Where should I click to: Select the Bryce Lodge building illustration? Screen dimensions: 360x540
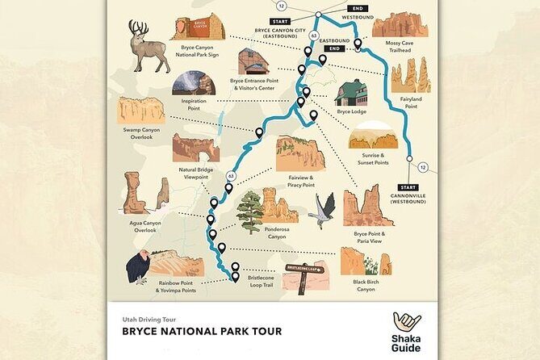pyautogui.click(x=351, y=93)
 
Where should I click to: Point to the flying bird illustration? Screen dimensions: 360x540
pyautogui.click(x=324, y=208)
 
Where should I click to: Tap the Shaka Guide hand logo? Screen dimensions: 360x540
pyautogui.click(x=407, y=323)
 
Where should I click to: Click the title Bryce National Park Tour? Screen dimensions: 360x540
pyautogui.click(x=201, y=331)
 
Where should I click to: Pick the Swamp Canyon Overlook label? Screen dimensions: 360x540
pyautogui.click(x=141, y=132)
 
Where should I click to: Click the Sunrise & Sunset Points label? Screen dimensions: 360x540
pyautogui.click(x=371, y=158)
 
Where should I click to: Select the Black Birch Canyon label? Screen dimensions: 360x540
pyautogui.click(x=366, y=285)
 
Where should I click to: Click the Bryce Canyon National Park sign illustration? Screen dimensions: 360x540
pyautogui.click(x=198, y=27)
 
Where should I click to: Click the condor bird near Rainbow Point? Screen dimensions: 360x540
pyautogui.click(x=138, y=267)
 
